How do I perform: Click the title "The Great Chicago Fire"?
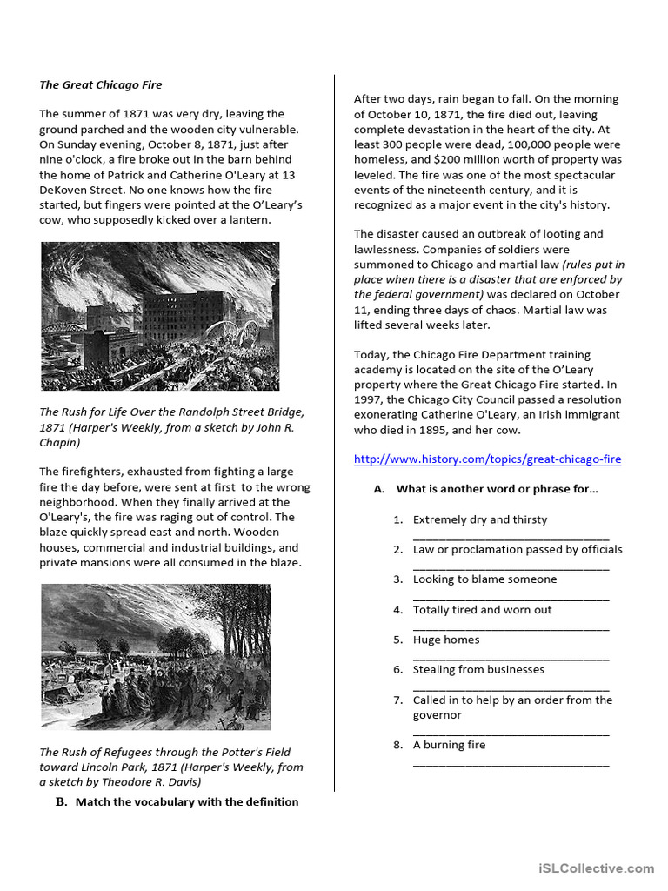tap(101, 84)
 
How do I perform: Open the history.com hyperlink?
tap(487, 459)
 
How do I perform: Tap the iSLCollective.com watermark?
tap(596, 868)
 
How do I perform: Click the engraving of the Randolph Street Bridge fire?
tap(160, 316)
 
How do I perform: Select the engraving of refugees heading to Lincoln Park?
tap(156, 656)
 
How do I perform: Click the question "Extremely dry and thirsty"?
tap(480, 519)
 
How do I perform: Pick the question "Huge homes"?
tap(446, 640)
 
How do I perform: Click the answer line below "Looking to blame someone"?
tap(511, 598)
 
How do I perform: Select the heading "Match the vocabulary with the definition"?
tap(186, 801)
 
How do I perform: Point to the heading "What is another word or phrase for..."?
tap(497, 489)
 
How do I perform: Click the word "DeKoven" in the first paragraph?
tap(65, 190)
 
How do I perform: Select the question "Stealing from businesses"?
tap(478, 669)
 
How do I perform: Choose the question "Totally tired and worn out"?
tap(482, 610)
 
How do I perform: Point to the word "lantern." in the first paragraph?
tap(247, 220)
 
